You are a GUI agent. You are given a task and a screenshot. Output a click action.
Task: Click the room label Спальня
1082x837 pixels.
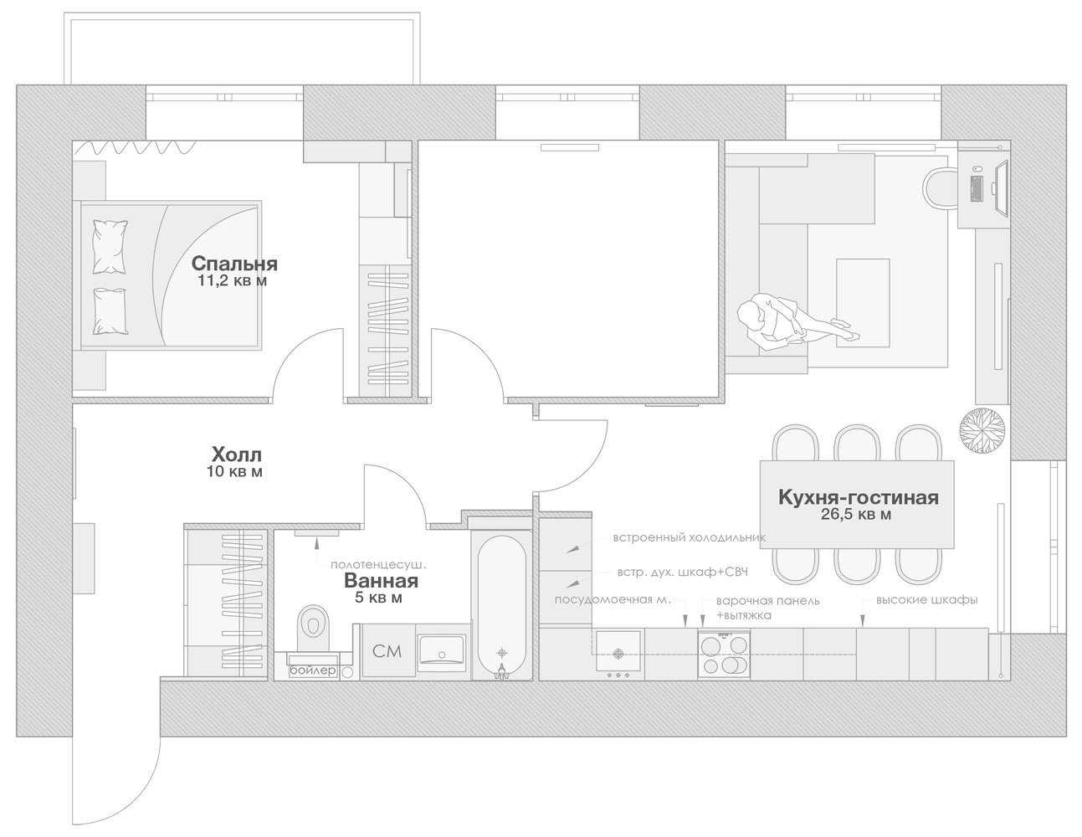click(x=234, y=264)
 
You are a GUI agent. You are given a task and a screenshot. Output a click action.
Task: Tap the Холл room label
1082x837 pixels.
click(x=237, y=454)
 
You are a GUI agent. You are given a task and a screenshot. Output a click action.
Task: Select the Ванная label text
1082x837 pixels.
click(x=381, y=581)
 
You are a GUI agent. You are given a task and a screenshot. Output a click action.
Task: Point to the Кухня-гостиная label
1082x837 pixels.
click(x=859, y=497)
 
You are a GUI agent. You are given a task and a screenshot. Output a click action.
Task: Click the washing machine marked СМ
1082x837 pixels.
click(x=388, y=651)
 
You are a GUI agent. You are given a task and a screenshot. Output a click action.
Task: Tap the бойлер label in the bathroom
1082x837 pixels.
click(x=313, y=670)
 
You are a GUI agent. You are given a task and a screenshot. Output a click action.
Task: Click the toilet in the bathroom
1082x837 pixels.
click(x=313, y=628)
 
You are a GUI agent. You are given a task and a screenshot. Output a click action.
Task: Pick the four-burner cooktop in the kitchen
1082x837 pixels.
click(x=724, y=654)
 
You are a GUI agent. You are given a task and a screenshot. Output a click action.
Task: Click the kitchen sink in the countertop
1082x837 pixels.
click(x=618, y=652)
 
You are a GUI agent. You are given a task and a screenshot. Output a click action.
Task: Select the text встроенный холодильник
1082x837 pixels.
click(x=690, y=537)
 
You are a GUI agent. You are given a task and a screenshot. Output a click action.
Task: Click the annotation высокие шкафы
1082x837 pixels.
click(x=926, y=600)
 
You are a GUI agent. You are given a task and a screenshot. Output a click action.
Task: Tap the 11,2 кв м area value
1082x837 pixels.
click(x=233, y=281)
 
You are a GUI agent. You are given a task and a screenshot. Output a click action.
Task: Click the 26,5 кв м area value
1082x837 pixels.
click(x=856, y=515)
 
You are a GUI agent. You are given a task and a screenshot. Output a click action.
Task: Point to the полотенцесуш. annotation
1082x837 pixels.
click(x=379, y=565)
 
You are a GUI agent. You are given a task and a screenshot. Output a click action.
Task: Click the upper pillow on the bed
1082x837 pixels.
click(x=110, y=247)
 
